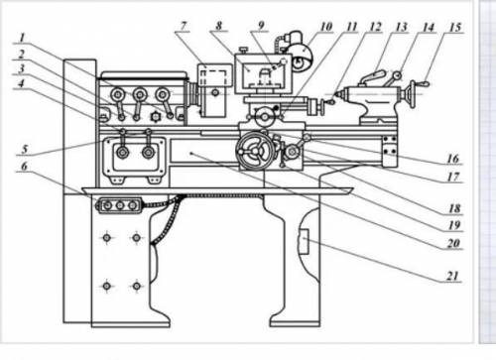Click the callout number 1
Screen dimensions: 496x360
click(22, 38)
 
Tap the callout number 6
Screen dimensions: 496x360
click(24, 167)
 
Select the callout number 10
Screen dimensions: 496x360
click(326, 27)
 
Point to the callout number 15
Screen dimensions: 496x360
click(455, 28)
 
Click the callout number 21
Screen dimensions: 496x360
click(453, 276)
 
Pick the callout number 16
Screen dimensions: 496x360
click(453, 159)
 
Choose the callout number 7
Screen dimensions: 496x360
click(184, 26)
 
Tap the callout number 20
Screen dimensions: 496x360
click(453, 243)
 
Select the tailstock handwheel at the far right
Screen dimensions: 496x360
click(412, 94)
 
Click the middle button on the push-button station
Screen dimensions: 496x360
click(120, 205)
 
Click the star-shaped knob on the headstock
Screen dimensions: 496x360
click(155, 117)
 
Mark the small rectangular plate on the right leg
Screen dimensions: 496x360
click(304, 242)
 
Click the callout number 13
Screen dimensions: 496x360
click(401, 27)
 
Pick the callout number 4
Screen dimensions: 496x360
click(21, 83)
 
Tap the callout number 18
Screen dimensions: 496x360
click(454, 208)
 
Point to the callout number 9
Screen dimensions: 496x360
click(261, 26)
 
